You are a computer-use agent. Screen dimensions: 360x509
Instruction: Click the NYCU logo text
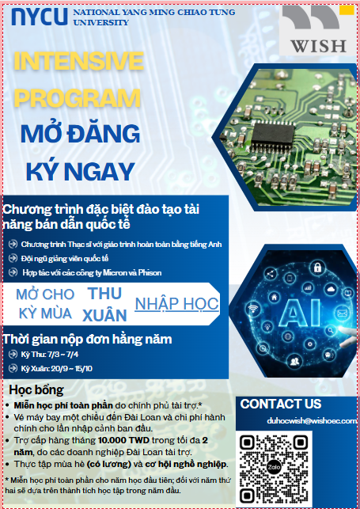click(40, 17)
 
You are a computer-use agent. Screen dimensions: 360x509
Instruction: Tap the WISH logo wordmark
click(319, 47)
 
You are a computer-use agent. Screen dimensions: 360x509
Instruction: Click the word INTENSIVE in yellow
click(79, 61)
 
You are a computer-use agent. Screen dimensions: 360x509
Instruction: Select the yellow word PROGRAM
click(78, 98)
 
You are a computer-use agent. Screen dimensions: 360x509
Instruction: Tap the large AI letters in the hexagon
click(300, 312)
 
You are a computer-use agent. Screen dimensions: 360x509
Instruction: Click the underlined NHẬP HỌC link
click(176, 304)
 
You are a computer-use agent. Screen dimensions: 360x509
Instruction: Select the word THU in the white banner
click(104, 294)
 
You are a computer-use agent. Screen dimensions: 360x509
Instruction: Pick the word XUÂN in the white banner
click(104, 315)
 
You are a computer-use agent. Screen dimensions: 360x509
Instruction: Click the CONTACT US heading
click(281, 404)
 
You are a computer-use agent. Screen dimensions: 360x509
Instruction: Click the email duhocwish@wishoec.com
click(312, 420)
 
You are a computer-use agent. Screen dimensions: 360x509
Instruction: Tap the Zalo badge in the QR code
click(273, 467)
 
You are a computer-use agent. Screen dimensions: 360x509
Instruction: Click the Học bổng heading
click(36, 389)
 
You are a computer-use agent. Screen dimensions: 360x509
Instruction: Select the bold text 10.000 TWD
click(123, 440)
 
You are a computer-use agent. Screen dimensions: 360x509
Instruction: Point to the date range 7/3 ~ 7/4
click(63, 354)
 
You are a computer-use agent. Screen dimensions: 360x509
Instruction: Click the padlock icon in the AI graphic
click(317, 268)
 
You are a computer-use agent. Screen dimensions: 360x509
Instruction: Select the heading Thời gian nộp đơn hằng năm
click(88, 340)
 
